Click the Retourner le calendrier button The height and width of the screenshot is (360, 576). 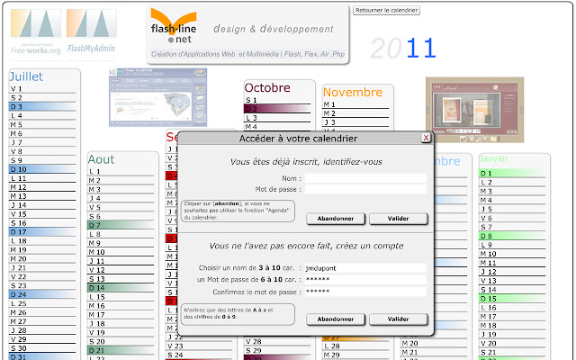tap(387, 10)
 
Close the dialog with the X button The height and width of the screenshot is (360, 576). tap(426, 139)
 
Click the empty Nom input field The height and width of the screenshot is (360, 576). tap(364, 178)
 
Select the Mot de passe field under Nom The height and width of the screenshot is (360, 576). tap(364, 190)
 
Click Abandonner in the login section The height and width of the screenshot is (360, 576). tap(336, 219)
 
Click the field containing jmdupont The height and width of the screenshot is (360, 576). tap(364, 268)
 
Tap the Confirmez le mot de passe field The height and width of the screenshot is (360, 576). tap(364, 292)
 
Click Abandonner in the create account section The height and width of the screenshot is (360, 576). tap(336, 319)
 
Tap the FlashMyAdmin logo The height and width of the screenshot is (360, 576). tap(88, 31)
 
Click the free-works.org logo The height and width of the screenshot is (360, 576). tap(36, 31)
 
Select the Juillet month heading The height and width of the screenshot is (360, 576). tap(26, 76)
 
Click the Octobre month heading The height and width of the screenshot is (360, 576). tap(266, 87)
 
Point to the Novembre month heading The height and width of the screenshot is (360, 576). tap(353, 92)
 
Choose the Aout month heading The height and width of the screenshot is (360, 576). tap(102, 159)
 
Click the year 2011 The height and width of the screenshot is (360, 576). tap(403, 49)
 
